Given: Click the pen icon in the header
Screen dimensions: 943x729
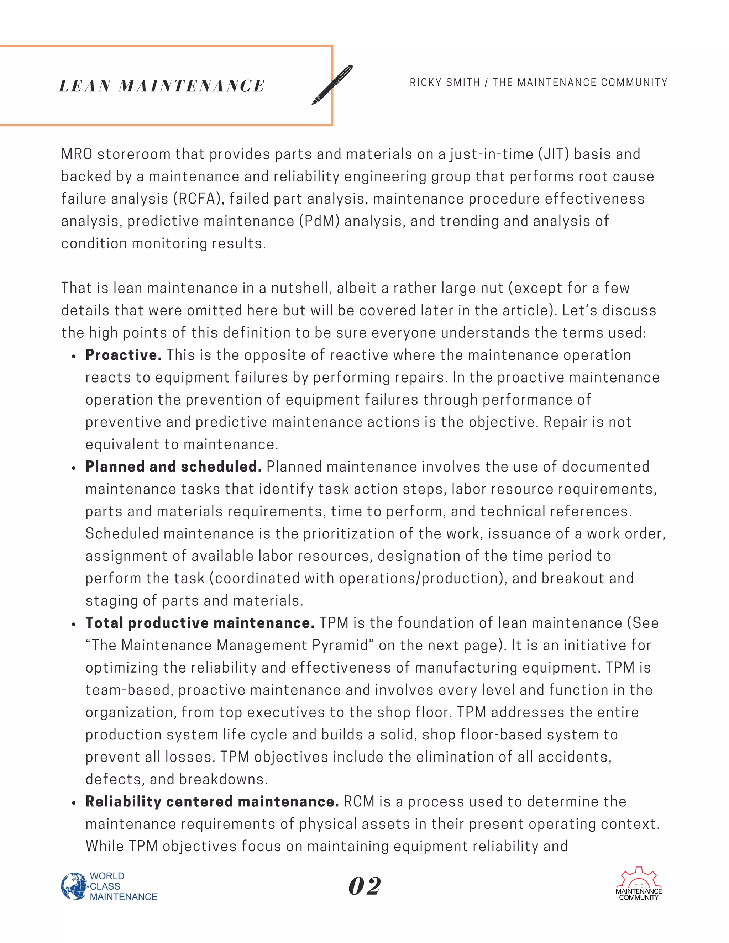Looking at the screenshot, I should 332,85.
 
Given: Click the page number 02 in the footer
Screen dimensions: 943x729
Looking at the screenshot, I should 364,886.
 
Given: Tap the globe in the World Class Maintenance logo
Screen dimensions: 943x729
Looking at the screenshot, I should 74,886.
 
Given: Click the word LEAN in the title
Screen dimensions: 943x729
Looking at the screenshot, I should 85,86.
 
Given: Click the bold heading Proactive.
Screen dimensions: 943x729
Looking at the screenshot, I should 123,355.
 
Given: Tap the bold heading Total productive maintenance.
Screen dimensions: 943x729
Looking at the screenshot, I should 200,623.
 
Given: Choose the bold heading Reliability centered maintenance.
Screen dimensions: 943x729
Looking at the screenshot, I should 212,801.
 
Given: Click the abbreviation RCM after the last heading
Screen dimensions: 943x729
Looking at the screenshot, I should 359,801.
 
